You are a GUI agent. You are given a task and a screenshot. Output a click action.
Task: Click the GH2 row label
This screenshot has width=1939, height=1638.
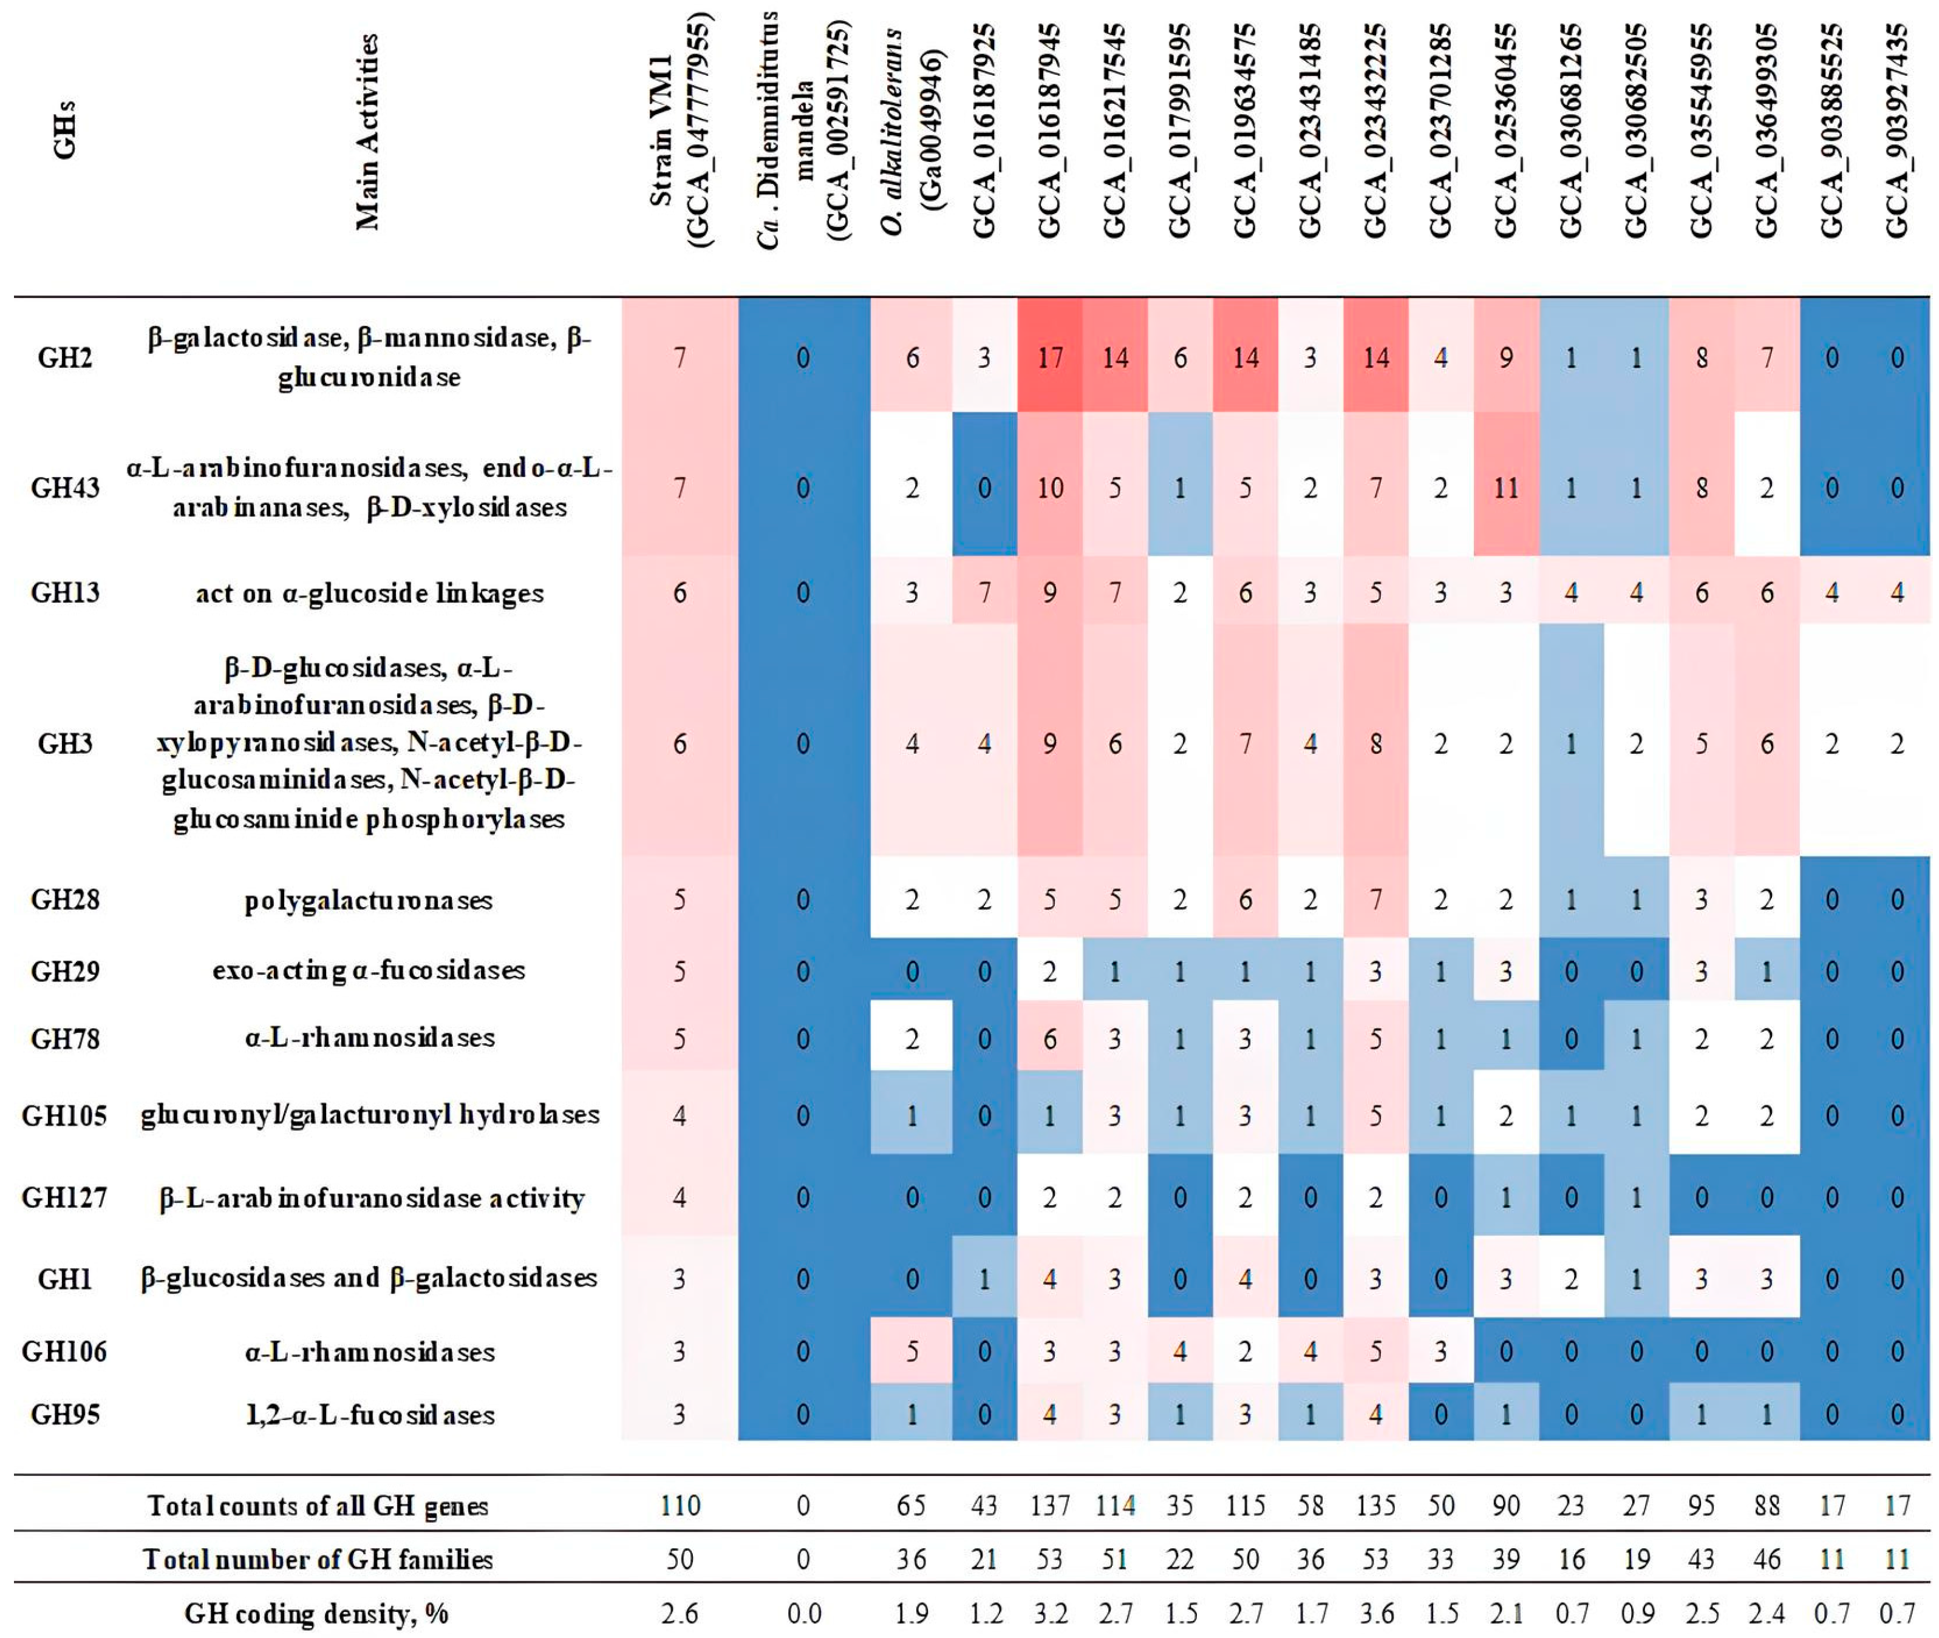(65, 357)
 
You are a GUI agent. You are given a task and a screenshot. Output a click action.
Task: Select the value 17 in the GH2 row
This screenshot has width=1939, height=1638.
(1050, 357)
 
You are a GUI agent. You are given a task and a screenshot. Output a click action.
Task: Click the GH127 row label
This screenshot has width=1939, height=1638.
(65, 1198)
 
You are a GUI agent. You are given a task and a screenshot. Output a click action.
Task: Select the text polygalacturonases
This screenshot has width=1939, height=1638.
(369, 901)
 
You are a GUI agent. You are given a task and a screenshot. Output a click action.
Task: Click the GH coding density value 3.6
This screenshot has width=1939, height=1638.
(1376, 1614)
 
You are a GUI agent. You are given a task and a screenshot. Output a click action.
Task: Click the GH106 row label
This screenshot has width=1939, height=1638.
(65, 1351)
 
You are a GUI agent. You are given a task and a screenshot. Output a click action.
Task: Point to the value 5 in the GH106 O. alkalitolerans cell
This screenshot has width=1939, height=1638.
(912, 1351)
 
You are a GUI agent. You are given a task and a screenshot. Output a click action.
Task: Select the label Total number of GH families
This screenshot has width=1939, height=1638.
(318, 1559)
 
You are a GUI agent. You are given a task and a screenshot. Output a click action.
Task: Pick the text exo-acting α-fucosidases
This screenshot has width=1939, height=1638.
(369, 971)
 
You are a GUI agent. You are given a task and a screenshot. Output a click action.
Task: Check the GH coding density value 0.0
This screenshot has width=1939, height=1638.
(803, 1614)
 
